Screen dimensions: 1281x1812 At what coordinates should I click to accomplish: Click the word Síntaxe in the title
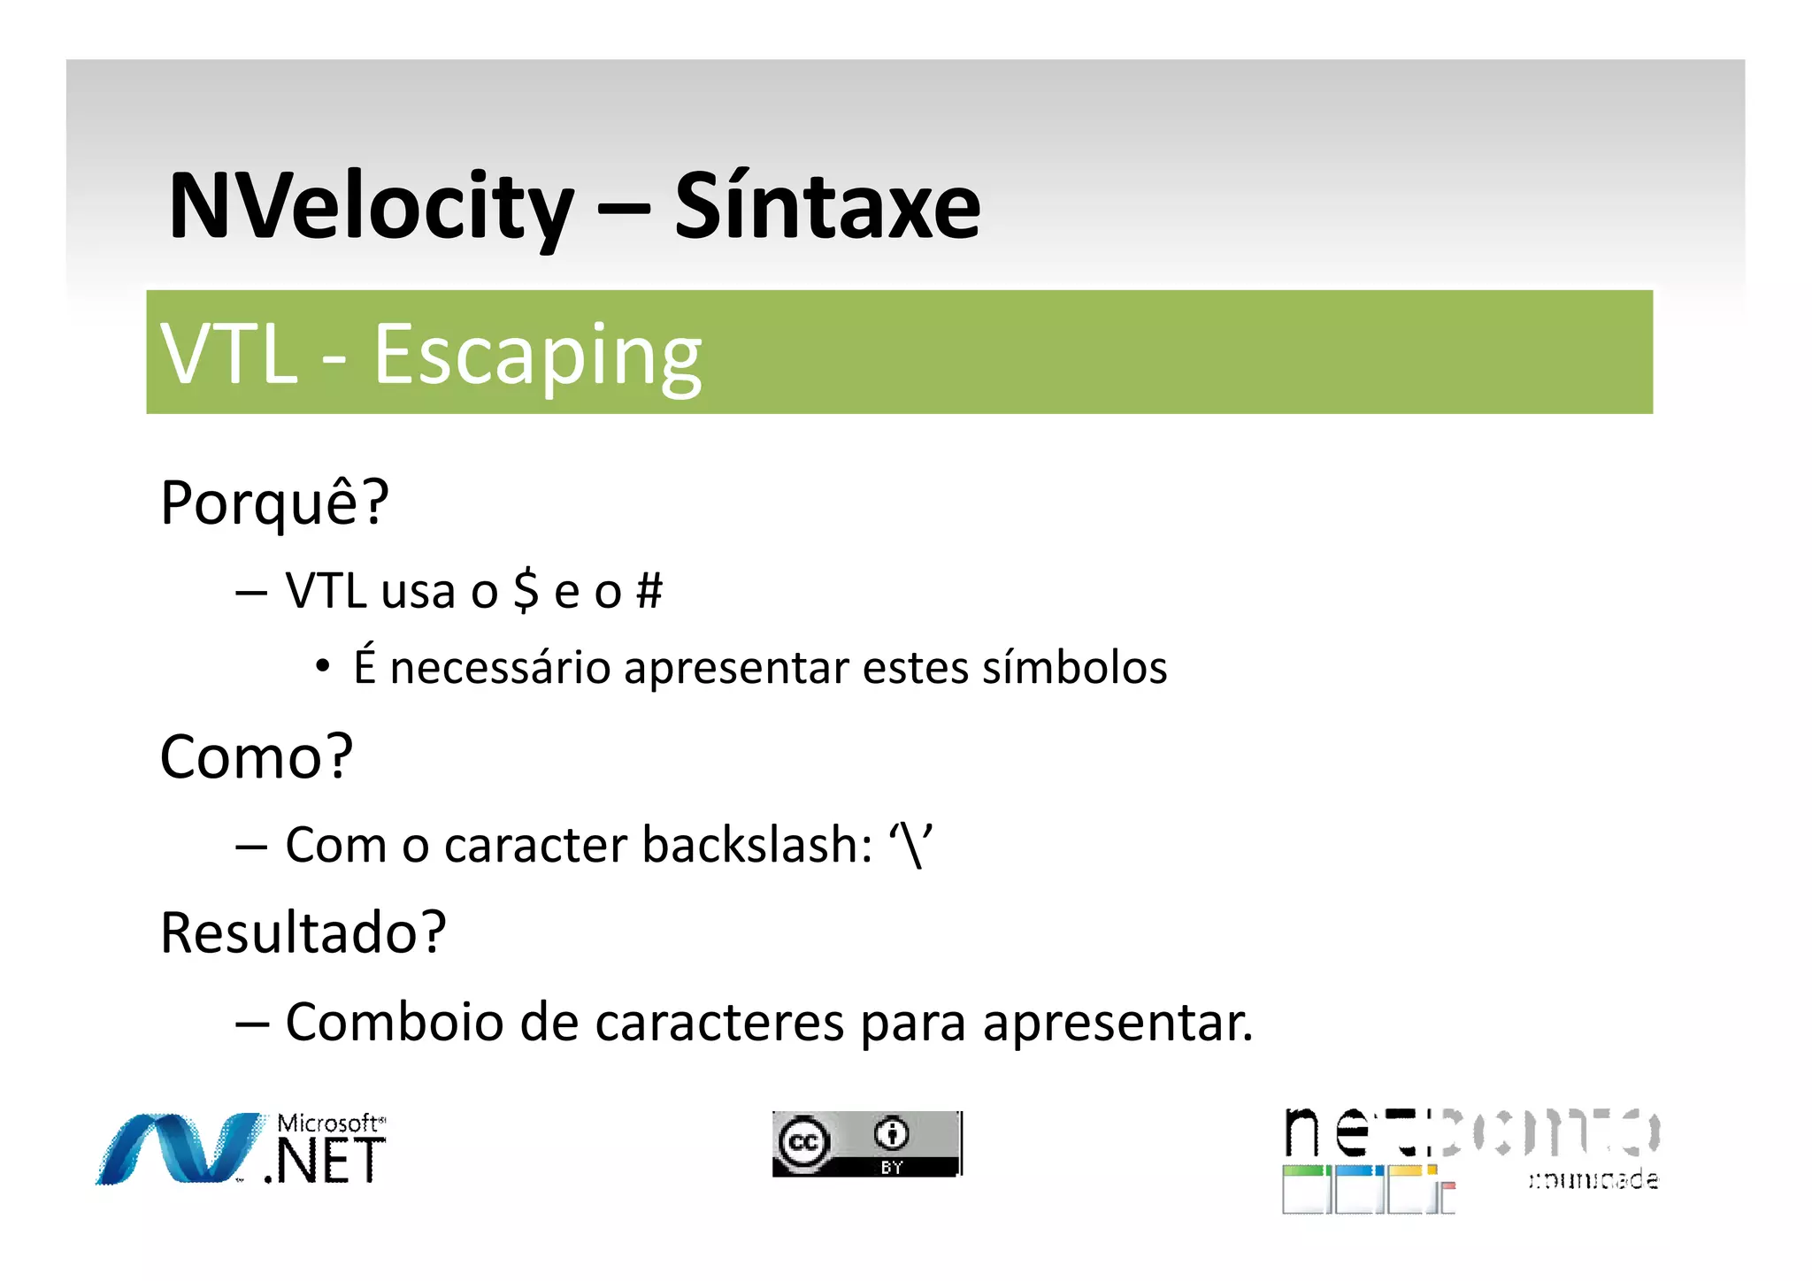click(x=827, y=207)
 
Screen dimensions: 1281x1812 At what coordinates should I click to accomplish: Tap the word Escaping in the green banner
click(x=537, y=356)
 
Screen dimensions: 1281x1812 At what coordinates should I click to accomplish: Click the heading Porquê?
click(x=274, y=502)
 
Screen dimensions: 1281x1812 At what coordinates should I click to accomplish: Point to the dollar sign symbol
click(x=526, y=591)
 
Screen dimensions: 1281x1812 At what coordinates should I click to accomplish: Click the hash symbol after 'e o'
click(x=649, y=591)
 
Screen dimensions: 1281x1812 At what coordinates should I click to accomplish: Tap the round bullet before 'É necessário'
click(x=323, y=665)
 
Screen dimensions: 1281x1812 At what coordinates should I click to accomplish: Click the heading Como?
click(x=257, y=757)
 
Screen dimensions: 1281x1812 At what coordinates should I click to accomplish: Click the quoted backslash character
click(x=910, y=846)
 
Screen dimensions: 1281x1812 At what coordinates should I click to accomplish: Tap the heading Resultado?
click(x=303, y=932)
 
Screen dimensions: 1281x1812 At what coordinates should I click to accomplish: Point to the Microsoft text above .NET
click(x=331, y=1124)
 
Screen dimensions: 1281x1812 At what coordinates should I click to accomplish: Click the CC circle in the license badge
click(x=803, y=1142)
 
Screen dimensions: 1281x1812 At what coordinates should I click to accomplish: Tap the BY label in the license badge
click(x=891, y=1168)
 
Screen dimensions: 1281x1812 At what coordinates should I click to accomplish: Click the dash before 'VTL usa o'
click(x=251, y=592)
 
